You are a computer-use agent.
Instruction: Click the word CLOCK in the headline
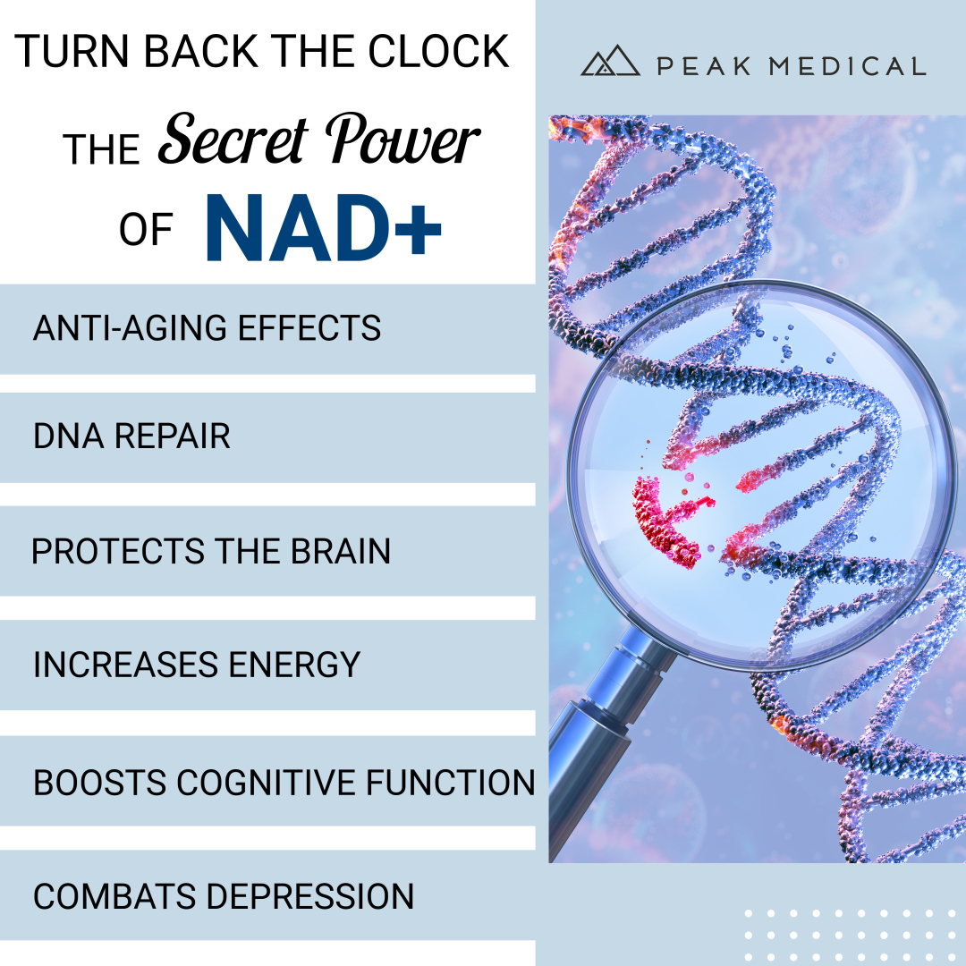coord(438,51)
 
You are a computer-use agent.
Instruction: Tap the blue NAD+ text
coord(324,228)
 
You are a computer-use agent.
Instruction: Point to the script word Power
coord(402,140)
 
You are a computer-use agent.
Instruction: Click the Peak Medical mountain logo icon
coord(610,61)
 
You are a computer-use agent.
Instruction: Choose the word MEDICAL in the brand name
coord(848,66)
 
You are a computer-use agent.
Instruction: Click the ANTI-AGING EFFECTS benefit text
coord(207,327)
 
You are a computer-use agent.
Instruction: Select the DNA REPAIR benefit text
coord(131,436)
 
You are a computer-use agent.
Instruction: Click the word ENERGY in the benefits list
coord(294,665)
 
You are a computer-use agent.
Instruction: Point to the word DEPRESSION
coord(309,896)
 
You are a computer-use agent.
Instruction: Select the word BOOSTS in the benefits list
coord(100,783)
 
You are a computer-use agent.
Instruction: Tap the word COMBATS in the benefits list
coord(114,896)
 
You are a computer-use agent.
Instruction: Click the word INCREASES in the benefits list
coord(126,665)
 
